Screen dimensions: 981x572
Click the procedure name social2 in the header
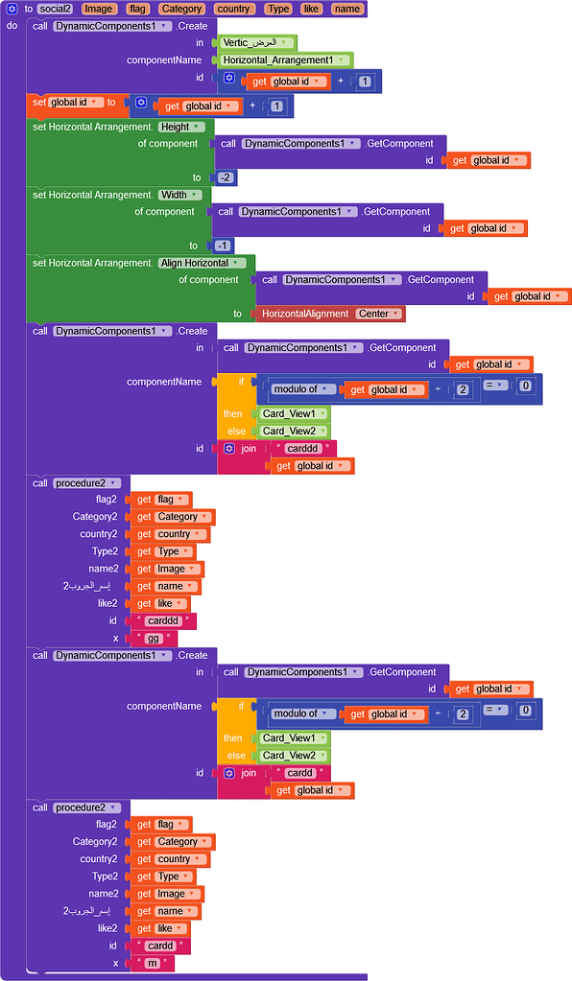point(56,9)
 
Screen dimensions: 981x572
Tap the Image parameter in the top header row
point(98,9)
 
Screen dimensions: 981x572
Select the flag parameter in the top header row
point(138,9)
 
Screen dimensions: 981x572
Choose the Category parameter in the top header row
point(181,9)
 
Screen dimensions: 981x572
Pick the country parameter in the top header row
point(233,9)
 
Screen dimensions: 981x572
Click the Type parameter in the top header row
point(278,9)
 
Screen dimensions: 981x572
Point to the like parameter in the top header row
point(311,9)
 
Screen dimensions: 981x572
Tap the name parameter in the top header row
point(346,9)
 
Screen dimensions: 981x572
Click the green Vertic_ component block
point(254,43)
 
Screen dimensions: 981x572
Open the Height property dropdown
point(181,127)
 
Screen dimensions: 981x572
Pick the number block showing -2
point(226,177)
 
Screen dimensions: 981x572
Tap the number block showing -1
point(223,245)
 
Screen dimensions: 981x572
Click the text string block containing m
point(152,963)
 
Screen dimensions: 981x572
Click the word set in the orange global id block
point(39,103)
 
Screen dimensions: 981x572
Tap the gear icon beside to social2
point(12,9)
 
